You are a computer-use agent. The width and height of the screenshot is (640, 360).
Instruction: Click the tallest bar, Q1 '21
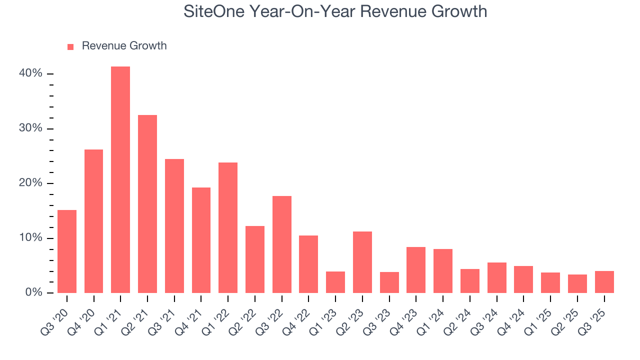[x=120, y=179]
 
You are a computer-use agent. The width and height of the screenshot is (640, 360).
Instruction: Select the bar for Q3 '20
[x=67, y=251]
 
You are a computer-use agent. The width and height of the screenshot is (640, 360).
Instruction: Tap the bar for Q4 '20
[x=93, y=221]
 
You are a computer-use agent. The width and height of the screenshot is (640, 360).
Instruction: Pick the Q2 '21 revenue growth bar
[x=147, y=204]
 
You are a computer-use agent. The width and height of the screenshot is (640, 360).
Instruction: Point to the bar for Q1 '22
[x=228, y=227]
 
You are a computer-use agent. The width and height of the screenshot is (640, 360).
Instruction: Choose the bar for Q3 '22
[x=282, y=244]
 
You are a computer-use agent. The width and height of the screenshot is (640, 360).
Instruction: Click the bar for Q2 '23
[x=362, y=262]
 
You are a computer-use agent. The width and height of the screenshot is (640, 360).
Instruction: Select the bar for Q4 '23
[x=416, y=269]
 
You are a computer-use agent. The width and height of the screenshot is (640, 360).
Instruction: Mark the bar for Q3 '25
[x=604, y=281]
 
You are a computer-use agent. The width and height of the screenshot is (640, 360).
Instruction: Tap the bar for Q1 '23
[x=335, y=282]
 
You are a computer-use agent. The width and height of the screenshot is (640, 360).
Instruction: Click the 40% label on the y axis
[x=30, y=73]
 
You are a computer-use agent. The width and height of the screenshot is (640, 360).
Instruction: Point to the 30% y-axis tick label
[x=30, y=128]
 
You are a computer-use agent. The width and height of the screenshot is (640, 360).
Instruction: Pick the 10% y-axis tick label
[x=30, y=238]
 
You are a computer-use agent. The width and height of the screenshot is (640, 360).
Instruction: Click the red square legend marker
[x=70, y=46]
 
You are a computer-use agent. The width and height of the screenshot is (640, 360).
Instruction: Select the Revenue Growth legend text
[x=124, y=46]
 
